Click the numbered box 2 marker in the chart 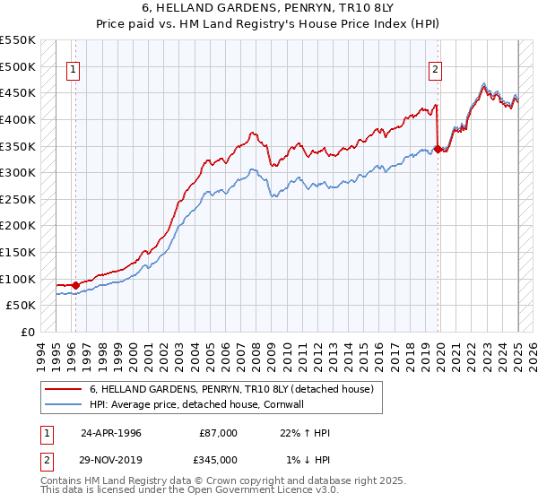click(435, 69)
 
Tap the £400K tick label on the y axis click(18, 119)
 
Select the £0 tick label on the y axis click(28, 332)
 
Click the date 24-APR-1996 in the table click(111, 433)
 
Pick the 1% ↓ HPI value click(308, 459)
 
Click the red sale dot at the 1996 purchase click(75, 286)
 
